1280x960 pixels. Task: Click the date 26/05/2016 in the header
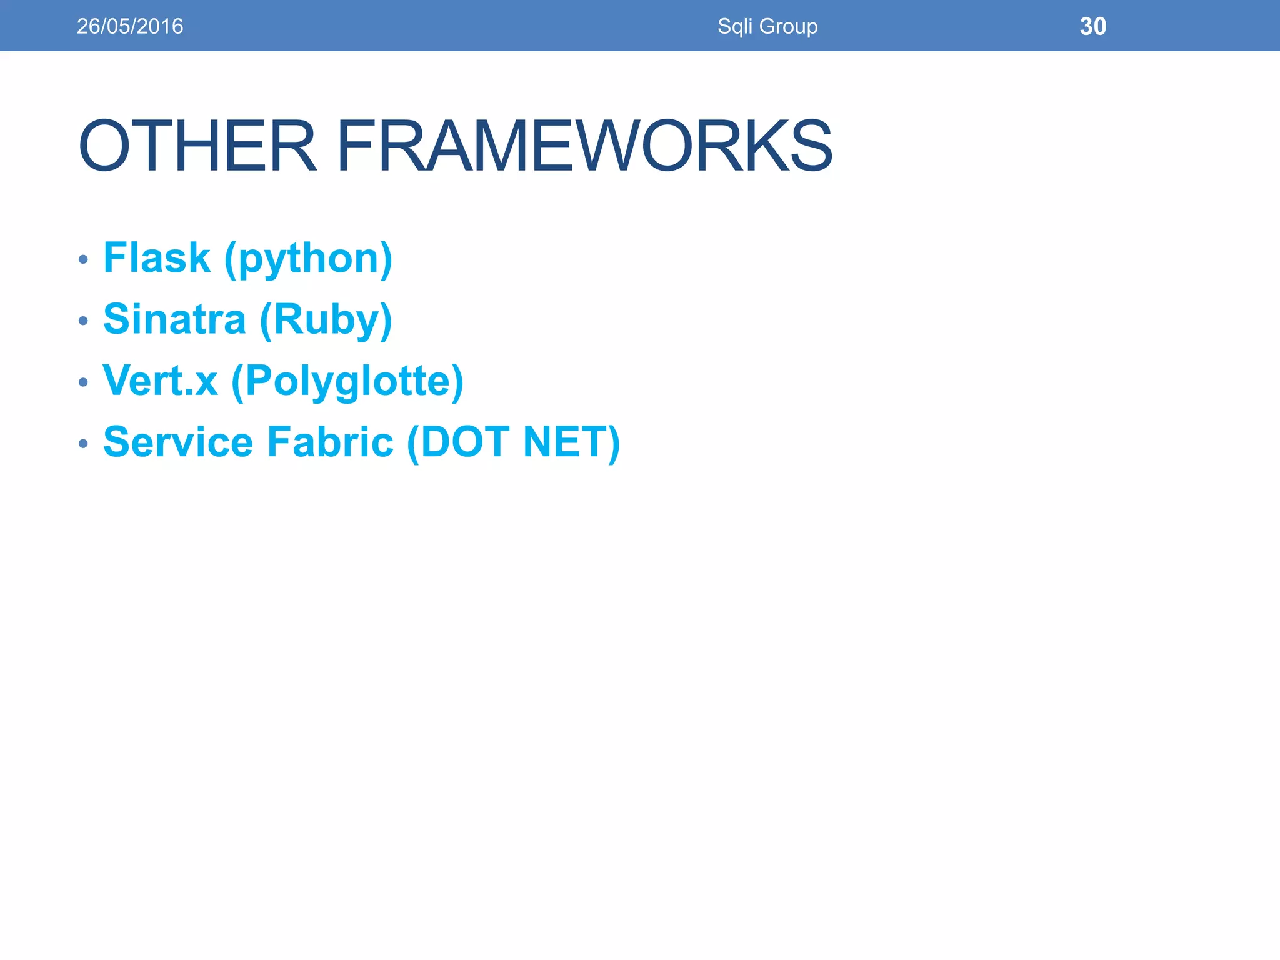pyautogui.click(x=130, y=26)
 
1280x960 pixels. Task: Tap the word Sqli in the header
pyautogui.click(x=735, y=26)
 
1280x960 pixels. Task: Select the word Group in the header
pyautogui.click(x=788, y=26)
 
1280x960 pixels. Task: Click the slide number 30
pyautogui.click(x=1093, y=26)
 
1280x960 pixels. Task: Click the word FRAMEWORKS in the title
pyautogui.click(x=584, y=146)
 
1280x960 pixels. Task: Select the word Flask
pyautogui.click(x=157, y=257)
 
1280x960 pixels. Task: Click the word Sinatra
pyautogui.click(x=174, y=319)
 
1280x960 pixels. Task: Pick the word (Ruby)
pyautogui.click(x=326, y=320)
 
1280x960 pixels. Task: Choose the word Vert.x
pyautogui.click(x=161, y=380)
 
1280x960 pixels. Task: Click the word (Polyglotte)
pyautogui.click(x=347, y=381)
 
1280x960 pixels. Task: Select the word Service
pyautogui.click(x=178, y=441)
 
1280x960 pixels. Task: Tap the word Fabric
pyautogui.click(x=331, y=441)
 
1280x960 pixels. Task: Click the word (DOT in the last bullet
pyautogui.click(x=458, y=442)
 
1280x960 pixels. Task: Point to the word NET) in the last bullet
pyautogui.click(x=571, y=442)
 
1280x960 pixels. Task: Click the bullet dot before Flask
pyautogui.click(x=84, y=259)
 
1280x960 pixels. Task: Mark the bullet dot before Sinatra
pyautogui.click(x=84, y=321)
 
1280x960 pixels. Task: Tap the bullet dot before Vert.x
pyautogui.click(x=84, y=382)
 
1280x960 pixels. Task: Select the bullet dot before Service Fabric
pyautogui.click(x=84, y=443)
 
